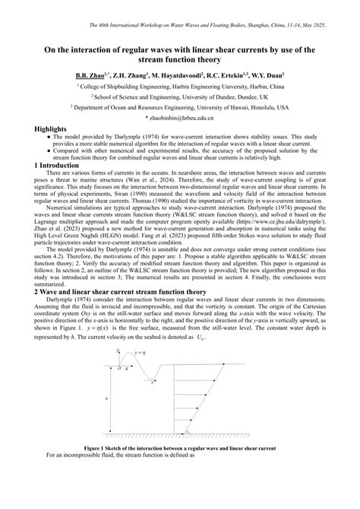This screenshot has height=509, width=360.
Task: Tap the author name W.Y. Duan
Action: click(267, 77)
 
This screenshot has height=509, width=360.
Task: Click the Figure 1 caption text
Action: click(179, 448)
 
